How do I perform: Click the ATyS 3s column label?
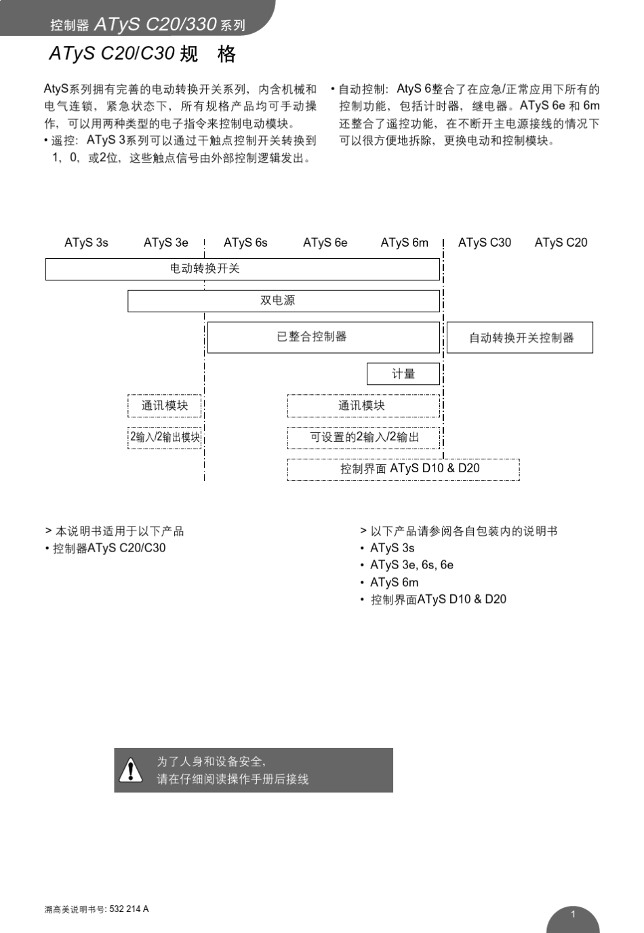[86, 243]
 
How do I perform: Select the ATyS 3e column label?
[165, 243]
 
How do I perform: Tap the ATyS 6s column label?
[245, 243]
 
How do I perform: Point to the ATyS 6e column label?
[325, 243]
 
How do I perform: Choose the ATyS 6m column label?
[404, 243]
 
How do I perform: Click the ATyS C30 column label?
[484, 243]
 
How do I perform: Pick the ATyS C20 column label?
[561, 243]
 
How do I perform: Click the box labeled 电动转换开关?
[242, 269]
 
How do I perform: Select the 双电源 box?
[283, 301]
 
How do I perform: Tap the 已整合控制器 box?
[323, 337]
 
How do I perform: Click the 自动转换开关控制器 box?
[520, 337]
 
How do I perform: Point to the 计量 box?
[403, 374]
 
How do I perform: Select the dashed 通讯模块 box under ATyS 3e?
[164, 406]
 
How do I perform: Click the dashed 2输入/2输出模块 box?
[165, 437]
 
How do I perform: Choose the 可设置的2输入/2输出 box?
[363, 437]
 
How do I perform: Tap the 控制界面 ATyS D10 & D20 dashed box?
[403, 469]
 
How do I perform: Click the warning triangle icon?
[130, 770]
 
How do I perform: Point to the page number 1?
[573, 915]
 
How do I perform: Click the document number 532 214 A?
[129, 909]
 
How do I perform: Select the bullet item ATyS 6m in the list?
[394, 583]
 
